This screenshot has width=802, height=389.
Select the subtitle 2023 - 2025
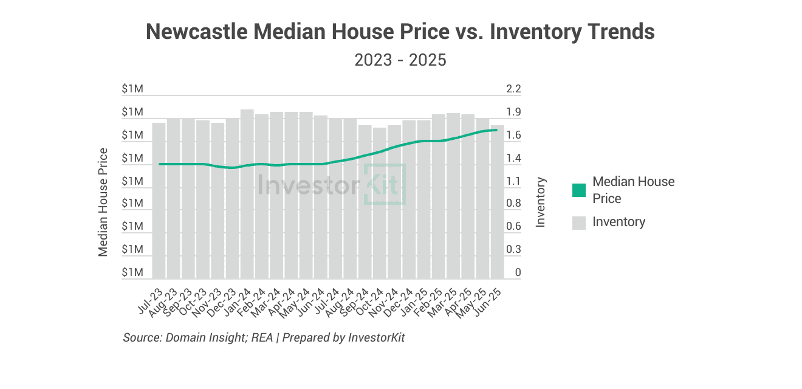[x=400, y=60]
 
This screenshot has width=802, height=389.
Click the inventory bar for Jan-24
[x=247, y=194]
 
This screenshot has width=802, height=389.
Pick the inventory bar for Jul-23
[x=159, y=201]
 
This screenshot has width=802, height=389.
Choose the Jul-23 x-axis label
[x=152, y=299]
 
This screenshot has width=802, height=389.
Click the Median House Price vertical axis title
[x=103, y=202]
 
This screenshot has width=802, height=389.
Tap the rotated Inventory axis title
[x=541, y=202]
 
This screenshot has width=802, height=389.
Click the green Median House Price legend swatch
[x=579, y=190]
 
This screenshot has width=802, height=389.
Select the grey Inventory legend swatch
[x=579, y=222]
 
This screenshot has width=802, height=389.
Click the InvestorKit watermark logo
[x=331, y=184]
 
